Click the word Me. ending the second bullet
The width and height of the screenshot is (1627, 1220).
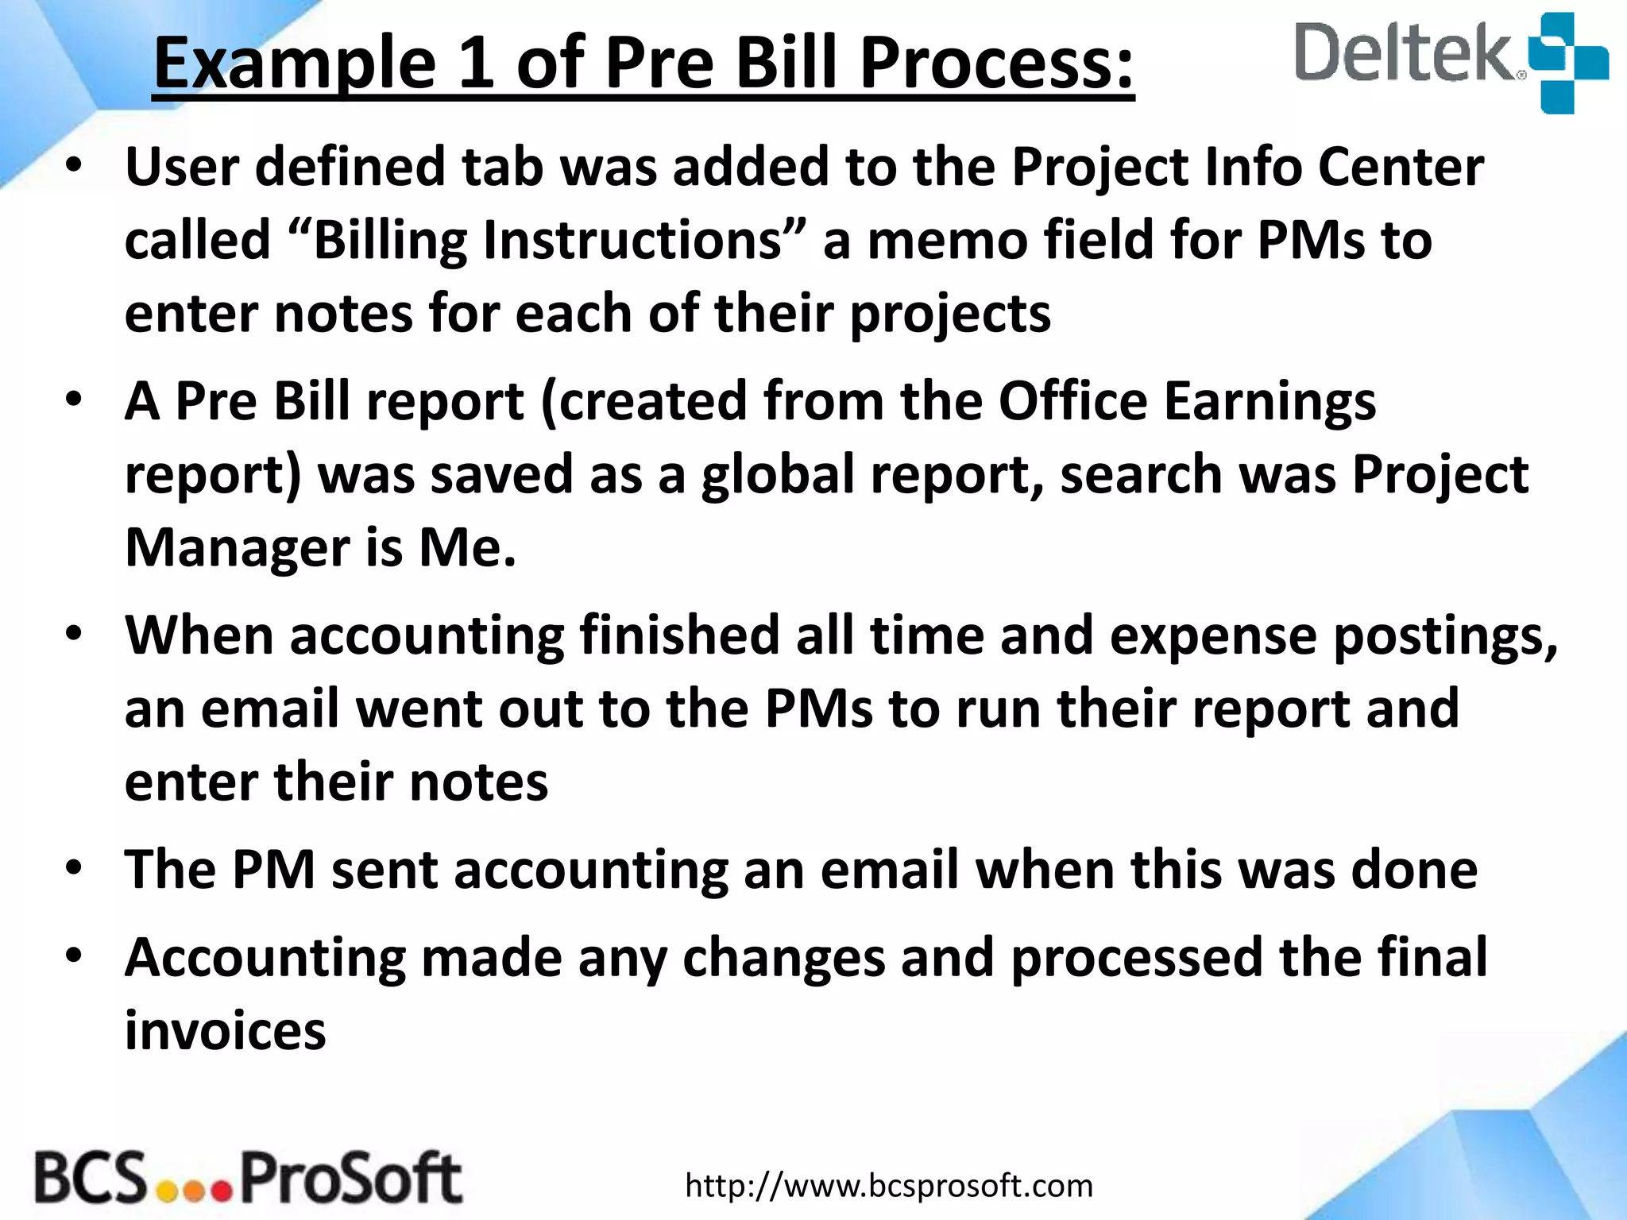(468, 548)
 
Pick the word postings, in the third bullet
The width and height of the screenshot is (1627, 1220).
(1445, 635)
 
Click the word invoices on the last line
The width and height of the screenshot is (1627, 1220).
(226, 1030)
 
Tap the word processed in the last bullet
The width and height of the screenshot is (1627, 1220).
(1137, 957)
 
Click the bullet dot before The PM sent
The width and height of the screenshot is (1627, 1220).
(75, 867)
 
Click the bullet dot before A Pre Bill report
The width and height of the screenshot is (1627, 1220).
(75, 399)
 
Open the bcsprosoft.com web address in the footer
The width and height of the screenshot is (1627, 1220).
(889, 1186)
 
